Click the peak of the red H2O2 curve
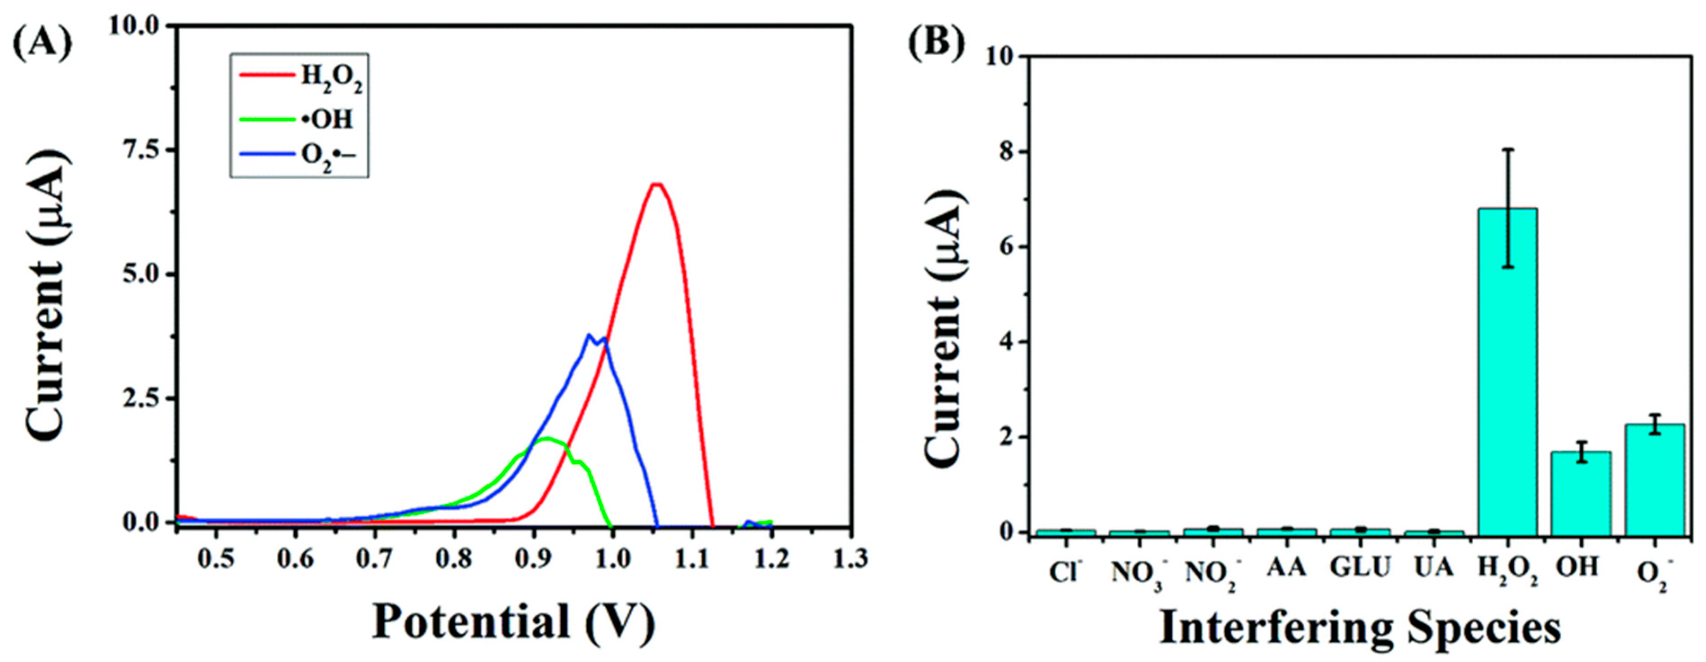(656, 184)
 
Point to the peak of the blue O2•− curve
(589, 335)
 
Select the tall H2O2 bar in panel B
(1507, 371)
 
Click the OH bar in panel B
(1581, 493)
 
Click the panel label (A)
(41, 44)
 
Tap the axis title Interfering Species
(1360, 627)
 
